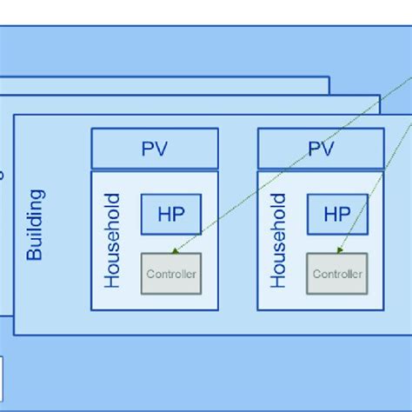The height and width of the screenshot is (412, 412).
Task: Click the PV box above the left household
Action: click(x=154, y=149)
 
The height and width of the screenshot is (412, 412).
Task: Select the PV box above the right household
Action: click(x=321, y=149)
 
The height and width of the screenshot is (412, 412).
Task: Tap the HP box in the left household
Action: click(x=171, y=214)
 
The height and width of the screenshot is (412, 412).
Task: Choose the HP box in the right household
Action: click(x=336, y=214)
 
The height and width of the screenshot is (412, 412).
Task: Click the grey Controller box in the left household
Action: click(x=171, y=274)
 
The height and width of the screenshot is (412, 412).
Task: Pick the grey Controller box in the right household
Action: click(x=336, y=274)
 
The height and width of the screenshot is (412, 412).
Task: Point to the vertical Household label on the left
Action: click(x=113, y=241)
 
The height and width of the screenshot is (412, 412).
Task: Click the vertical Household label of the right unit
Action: click(x=278, y=241)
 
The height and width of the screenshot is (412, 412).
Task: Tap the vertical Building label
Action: click(x=36, y=225)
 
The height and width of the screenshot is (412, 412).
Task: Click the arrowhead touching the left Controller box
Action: click(x=176, y=250)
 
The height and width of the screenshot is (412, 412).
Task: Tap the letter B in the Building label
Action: click(x=36, y=255)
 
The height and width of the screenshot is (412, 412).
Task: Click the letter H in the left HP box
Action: click(x=163, y=214)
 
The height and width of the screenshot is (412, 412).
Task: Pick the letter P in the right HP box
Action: click(x=343, y=214)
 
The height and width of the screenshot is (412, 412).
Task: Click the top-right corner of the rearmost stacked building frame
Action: click(x=329, y=77)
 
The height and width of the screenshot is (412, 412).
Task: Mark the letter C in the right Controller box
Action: click(x=316, y=274)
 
